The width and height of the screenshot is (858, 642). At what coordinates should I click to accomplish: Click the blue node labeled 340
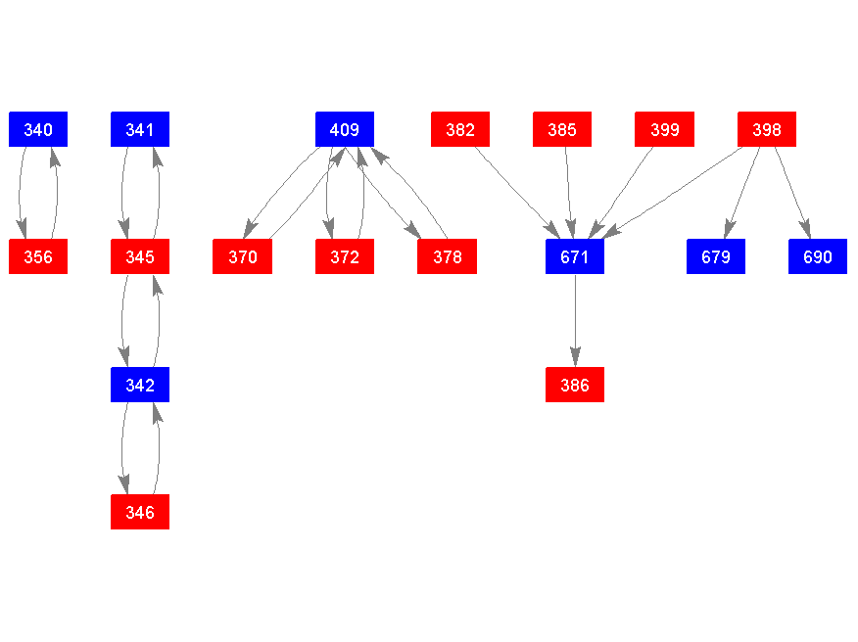pos(38,129)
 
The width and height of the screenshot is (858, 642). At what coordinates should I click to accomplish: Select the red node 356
pos(38,257)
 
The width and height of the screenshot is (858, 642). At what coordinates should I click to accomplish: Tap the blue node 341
pos(140,129)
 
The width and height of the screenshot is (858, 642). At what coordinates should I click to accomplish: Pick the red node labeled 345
pos(140,257)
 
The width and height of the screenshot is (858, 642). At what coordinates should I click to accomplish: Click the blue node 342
pos(140,385)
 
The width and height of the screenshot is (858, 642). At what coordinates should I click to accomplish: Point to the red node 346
pos(140,512)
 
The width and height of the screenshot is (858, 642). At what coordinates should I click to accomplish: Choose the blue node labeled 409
pos(345,129)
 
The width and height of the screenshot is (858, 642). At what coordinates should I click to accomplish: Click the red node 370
pos(242,257)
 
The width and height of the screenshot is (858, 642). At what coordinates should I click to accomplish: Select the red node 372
pos(345,257)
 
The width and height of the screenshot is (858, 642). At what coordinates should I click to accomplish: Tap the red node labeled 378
pos(447,257)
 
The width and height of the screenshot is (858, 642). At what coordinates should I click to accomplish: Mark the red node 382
pos(460,129)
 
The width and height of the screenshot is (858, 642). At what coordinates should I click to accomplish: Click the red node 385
pos(562,129)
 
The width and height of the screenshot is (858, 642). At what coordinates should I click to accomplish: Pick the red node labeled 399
pos(664,129)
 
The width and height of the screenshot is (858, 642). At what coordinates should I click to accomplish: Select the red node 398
pos(767,129)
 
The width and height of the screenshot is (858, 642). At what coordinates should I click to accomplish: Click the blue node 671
pos(575,257)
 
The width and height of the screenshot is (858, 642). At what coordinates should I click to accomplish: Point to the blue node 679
pos(716,257)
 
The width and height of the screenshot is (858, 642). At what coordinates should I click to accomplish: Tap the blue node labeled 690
pos(818,257)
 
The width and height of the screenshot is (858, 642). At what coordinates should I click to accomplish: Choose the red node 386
pos(575,385)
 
